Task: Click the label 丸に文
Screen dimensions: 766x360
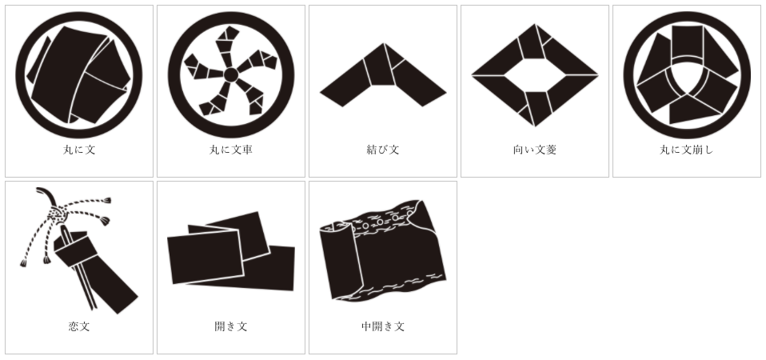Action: pos(79,150)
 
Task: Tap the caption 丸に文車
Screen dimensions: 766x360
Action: pos(231,150)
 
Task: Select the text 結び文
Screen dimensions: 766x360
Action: pos(383,150)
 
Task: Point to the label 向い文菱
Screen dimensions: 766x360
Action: pos(535,150)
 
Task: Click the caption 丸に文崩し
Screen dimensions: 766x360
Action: pos(687,150)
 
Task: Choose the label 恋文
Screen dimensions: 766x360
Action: pos(79,326)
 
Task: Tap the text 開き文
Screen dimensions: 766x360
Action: pos(231,326)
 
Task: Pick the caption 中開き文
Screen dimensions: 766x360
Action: pos(383,326)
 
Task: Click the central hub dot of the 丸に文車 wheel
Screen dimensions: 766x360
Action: pos(231,75)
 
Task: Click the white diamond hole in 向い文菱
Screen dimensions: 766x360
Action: pos(535,75)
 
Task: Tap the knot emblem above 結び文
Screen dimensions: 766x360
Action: pos(383,74)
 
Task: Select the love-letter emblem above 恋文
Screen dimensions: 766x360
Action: pos(79,250)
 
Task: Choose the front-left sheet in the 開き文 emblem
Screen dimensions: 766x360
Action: pos(205,257)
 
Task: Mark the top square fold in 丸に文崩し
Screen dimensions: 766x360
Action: pos(687,42)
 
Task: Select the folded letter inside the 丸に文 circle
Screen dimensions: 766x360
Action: pos(79,74)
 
